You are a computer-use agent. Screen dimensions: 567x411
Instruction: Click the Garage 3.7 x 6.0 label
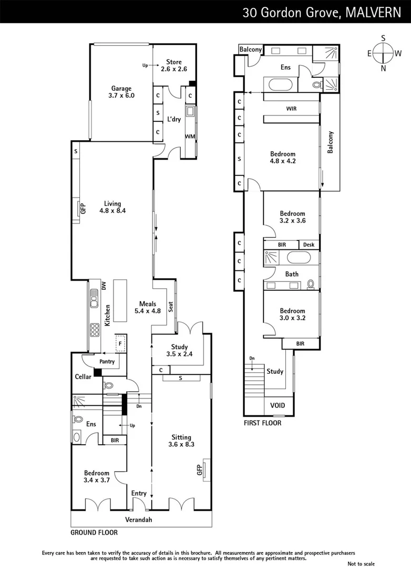(121, 92)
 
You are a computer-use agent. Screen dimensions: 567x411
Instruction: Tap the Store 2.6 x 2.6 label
(174, 65)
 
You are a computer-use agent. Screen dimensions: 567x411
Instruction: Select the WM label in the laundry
(189, 136)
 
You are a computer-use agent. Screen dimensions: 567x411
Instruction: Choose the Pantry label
(107, 362)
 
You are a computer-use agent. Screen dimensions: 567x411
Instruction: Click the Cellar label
(83, 376)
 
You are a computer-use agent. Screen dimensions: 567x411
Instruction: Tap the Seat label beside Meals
(171, 307)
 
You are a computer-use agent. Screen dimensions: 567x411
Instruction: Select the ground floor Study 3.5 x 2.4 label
(179, 350)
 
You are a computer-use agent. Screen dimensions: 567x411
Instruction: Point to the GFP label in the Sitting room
(200, 470)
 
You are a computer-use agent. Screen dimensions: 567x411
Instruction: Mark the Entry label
(139, 493)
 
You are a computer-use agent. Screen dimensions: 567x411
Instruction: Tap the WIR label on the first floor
(292, 109)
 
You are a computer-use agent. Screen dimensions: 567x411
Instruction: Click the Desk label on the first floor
(309, 245)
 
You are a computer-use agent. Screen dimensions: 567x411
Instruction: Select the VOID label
(278, 406)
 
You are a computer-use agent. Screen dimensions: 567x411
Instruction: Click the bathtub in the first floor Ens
(276, 85)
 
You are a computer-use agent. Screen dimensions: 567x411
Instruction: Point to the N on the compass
(383, 68)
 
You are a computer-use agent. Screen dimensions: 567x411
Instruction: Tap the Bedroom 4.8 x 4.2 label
(283, 157)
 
